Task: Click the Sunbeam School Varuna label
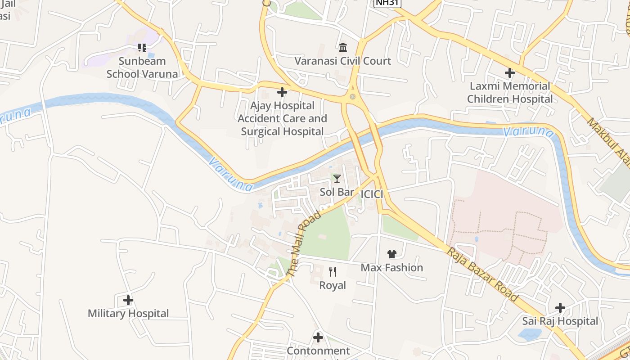142,67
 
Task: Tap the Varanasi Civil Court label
343,61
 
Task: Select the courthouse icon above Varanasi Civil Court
343,47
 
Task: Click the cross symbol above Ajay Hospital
282,92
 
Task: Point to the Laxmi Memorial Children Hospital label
510,92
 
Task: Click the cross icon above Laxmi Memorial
509,72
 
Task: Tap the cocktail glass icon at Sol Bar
337,179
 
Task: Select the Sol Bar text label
337,192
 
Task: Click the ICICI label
372,194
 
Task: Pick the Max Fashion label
392,268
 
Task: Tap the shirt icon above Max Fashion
391,254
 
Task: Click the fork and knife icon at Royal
333,271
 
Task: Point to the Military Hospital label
128,314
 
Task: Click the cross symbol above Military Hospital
128,300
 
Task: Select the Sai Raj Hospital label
560,321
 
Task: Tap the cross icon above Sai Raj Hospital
560,308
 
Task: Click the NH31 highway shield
387,3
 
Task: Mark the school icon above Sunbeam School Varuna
142,47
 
